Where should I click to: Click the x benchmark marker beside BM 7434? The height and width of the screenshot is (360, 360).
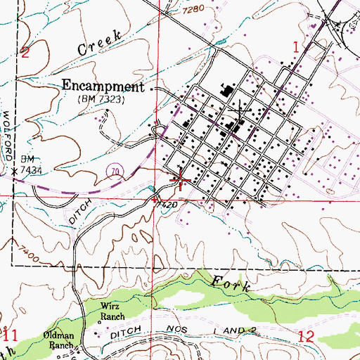[13, 170]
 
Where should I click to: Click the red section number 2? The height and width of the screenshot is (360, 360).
[25, 52]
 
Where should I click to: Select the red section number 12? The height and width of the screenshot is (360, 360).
[306, 337]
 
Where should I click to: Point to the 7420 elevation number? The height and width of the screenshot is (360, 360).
[164, 204]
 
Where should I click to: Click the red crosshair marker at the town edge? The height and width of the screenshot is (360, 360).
[179, 182]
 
